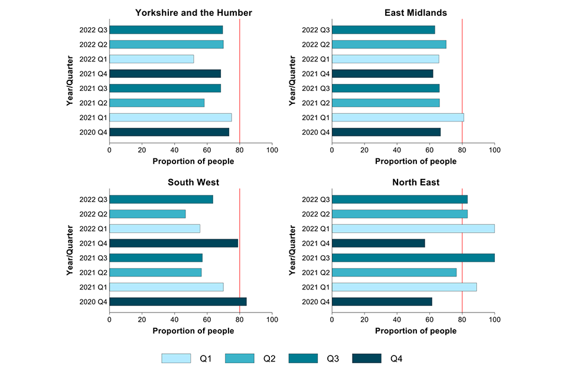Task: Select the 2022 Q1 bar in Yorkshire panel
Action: (x=152, y=59)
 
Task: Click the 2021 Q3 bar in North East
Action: (x=413, y=258)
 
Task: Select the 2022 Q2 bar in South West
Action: (x=147, y=214)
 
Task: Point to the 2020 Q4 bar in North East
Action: (x=382, y=301)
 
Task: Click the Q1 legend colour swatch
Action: (x=176, y=359)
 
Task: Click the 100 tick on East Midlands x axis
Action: (x=494, y=150)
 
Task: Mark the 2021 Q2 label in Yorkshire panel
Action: (x=93, y=103)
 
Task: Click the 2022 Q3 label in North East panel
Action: (x=315, y=199)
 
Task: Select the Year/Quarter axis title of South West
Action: (x=70, y=250)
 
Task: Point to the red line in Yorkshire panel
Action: (x=239, y=77)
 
